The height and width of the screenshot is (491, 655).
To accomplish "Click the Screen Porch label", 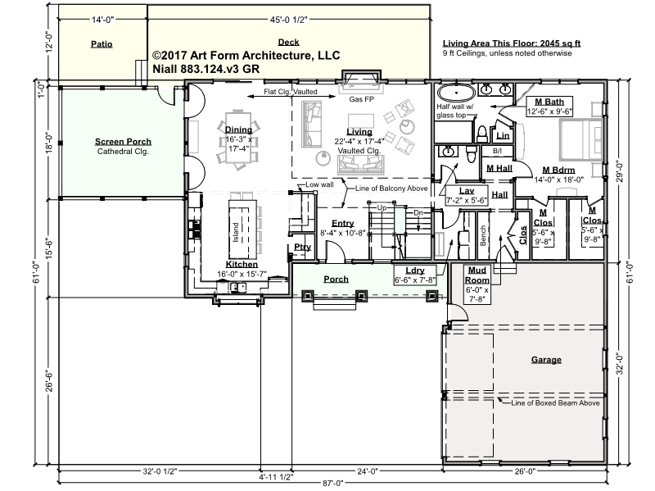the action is coord(123,142).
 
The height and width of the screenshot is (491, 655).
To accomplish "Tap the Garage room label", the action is coord(546,360).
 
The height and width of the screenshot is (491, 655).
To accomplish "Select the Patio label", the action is coord(102,44).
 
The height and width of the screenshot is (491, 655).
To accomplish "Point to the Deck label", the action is coord(288,42).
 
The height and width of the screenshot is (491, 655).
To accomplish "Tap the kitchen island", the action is coord(242,230).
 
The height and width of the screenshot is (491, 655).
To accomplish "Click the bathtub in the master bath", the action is coord(456,92).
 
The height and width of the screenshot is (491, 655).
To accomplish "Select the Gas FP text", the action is coord(361,99).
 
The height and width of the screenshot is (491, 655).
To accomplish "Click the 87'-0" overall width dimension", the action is coord(332,483).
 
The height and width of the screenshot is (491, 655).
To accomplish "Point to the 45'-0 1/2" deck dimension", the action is coord(288,19).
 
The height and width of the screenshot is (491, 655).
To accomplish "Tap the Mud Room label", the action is coord(477,275).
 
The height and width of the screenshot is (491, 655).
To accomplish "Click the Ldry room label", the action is coord(415,271).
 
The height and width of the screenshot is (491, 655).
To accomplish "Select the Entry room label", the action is coord(342,223).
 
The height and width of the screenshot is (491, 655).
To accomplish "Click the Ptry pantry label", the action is coord(302,247).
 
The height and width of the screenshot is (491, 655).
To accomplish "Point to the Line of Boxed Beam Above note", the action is coord(555,403).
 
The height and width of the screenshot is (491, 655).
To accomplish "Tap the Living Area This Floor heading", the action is coord(511,43).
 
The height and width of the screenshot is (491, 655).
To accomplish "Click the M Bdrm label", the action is coord(558,170).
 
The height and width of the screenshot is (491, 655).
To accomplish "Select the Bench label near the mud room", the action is coord(483,235).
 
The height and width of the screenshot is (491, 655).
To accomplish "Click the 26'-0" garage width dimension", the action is coord(525,471).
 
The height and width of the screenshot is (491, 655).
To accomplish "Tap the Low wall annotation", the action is coord(319,184).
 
